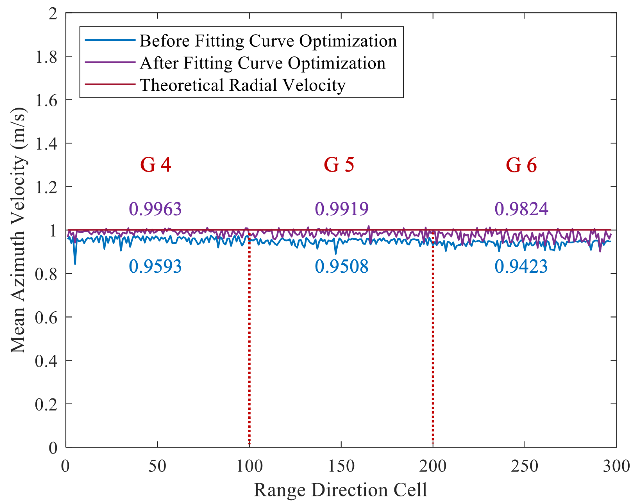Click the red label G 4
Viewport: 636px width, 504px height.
pyautogui.click(x=155, y=165)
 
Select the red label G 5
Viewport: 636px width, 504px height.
pyautogui.click(x=339, y=165)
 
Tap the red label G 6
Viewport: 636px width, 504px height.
pyautogui.click(x=521, y=165)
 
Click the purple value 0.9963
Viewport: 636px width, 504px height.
pyautogui.click(x=155, y=209)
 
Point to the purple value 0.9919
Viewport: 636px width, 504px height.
pyautogui.click(x=342, y=209)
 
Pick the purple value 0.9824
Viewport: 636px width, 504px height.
pyautogui.click(x=521, y=209)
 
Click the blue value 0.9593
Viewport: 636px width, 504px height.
pyautogui.click(x=155, y=267)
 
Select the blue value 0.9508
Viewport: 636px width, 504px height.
pyautogui.click(x=342, y=267)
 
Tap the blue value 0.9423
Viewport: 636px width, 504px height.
pyautogui.click(x=521, y=267)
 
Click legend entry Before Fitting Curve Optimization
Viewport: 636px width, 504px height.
pyautogui.click(x=268, y=41)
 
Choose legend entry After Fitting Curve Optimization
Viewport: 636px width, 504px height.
pyautogui.click(x=262, y=63)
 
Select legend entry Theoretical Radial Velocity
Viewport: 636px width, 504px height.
pyautogui.click(x=242, y=85)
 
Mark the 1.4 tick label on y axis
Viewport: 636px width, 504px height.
pyautogui.click(x=46, y=144)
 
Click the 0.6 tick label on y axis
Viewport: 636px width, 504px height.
pyautogui.click(x=46, y=318)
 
